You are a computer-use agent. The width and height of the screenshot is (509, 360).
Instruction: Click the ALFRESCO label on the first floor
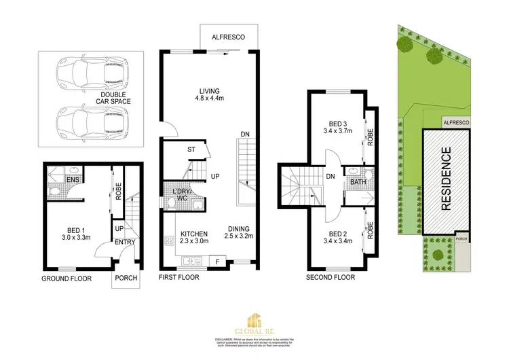pyautogui.click(x=228, y=37)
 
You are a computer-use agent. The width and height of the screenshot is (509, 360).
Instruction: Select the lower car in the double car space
pyautogui.click(x=91, y=122)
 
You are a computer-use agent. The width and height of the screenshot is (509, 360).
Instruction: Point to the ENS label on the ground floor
pyautogui.click(x=70, y=180)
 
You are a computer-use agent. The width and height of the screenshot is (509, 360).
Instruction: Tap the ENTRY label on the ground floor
pyautogui.click(x=124, y=242)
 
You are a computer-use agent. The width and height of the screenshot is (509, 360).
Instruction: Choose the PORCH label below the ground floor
pyautogui.click(x=126, y=277)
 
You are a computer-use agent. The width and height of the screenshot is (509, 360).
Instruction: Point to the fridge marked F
pyautogui.click(x=217, y=260)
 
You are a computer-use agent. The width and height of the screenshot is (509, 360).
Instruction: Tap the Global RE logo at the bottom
pyautogui.click(x=254, y=323)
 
